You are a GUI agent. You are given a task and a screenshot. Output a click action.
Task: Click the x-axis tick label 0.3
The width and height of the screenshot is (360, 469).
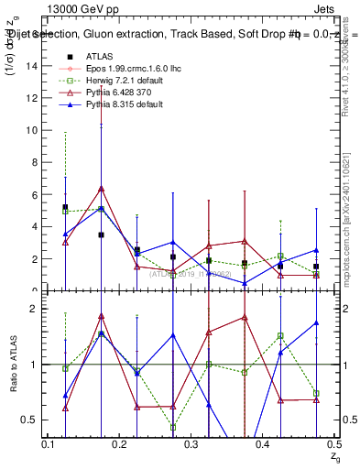(191, 443)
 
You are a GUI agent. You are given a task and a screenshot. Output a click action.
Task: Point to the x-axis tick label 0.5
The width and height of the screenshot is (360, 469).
(333, 443)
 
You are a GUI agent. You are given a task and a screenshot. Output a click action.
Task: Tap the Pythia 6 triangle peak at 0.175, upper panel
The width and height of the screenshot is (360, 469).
(101, 189)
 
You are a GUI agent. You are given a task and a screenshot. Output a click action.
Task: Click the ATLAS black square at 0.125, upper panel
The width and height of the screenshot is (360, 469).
(65, 207)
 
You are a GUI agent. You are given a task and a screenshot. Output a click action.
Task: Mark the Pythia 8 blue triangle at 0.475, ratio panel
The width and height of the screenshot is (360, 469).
(315, 323)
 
